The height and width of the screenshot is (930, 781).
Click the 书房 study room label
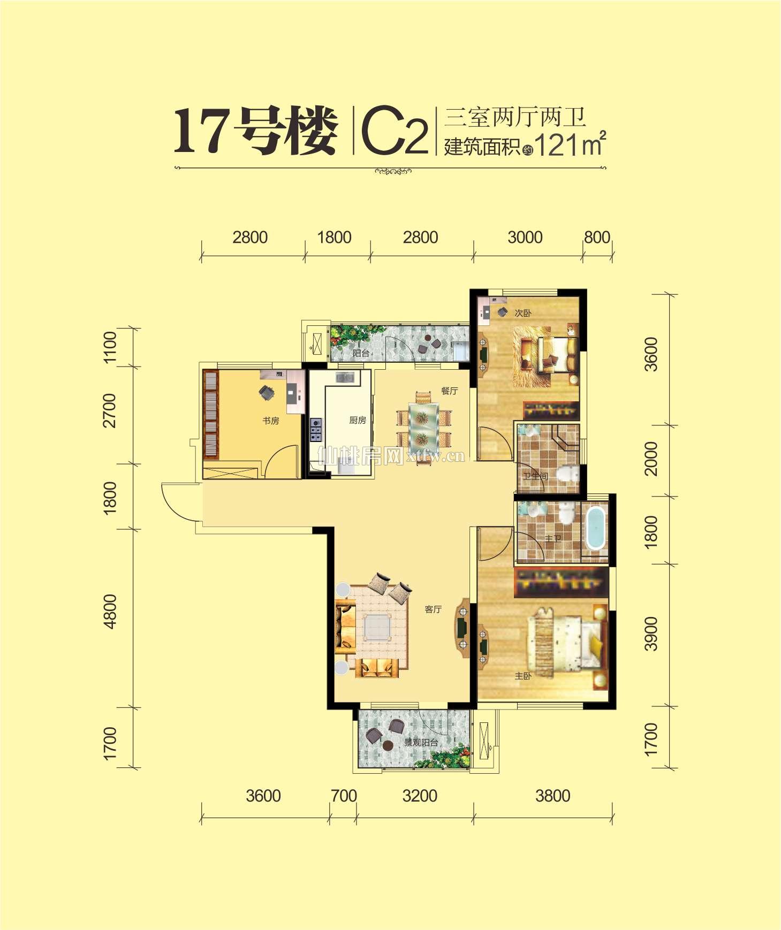coord(270,421)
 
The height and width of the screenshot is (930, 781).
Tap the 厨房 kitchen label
coord(357,420)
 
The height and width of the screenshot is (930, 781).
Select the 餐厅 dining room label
coord(449,391)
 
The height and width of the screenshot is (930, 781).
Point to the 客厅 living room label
coord(433,609)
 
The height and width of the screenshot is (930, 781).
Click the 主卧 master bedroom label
coord(522,676)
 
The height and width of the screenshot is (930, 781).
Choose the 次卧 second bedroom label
coord(522,313)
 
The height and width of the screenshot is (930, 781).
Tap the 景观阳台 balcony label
coord(421,742)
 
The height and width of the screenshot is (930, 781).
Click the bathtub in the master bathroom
coord(595,529)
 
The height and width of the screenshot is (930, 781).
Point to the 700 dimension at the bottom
coord(344,796)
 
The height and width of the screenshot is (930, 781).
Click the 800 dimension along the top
coord(597,237)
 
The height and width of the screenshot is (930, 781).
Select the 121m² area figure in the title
coord(570,144)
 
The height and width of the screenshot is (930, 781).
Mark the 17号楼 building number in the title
coord(256,131)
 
